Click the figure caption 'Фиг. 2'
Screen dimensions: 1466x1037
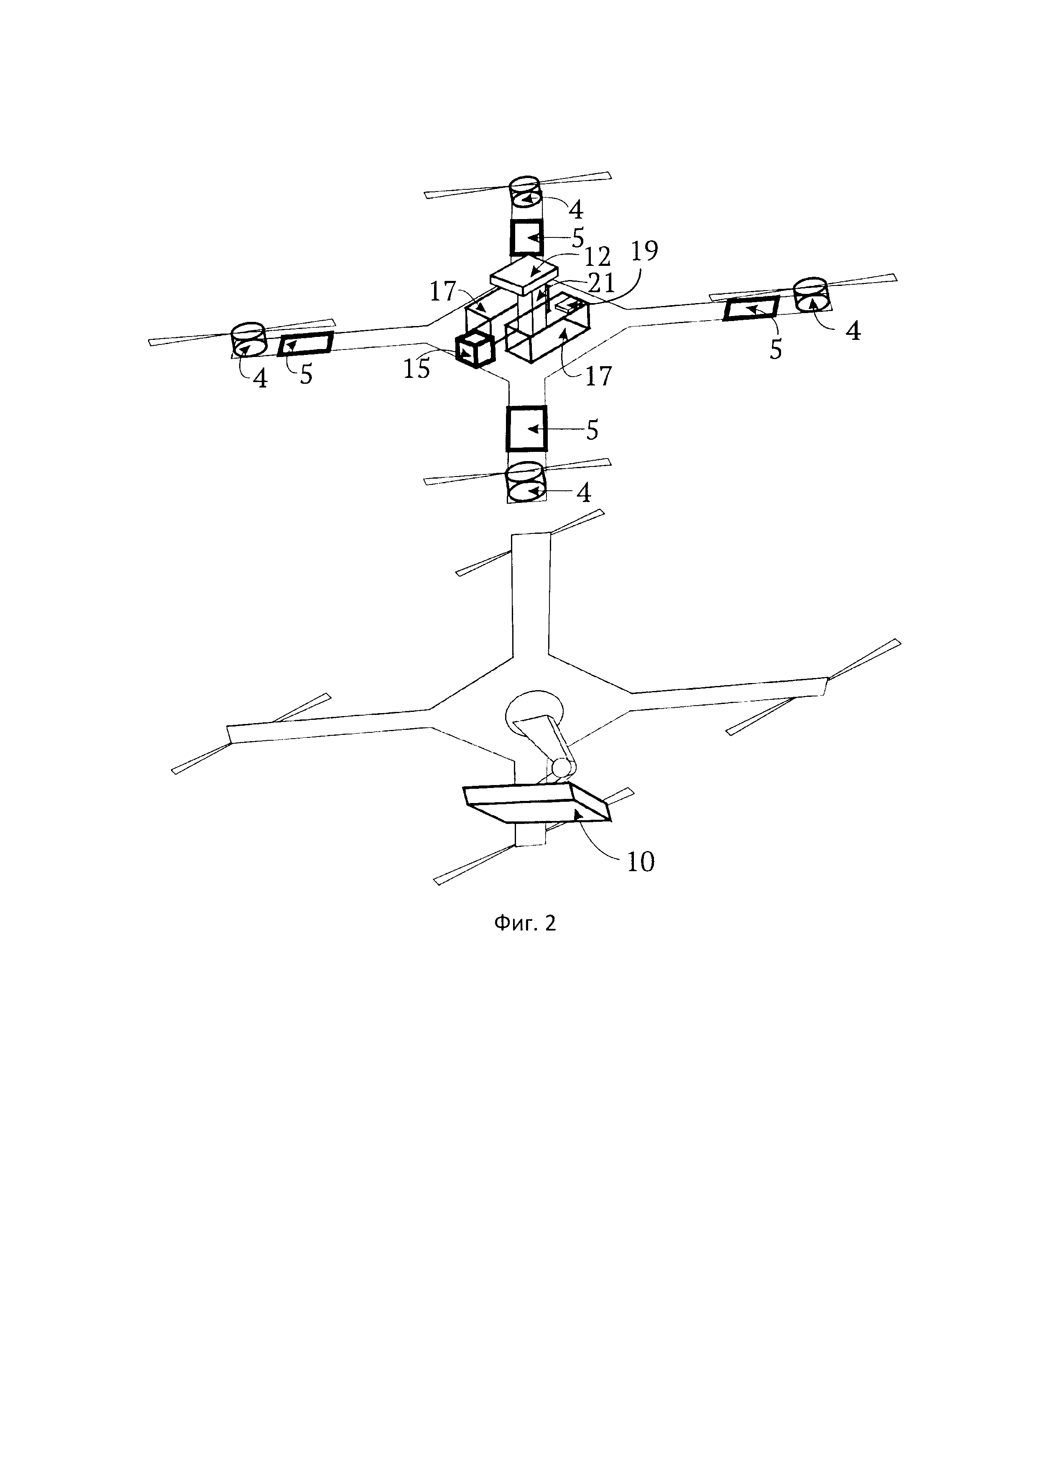(x=525, y=923)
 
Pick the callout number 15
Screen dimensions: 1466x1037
(x=416, y=370)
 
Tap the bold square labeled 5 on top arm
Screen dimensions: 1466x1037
(x=526, y=238)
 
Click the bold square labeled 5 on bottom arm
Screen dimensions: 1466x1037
(x=527, y=429)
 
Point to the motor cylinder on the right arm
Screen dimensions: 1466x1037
(x=812, y=294)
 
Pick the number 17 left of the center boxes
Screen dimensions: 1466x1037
(x=442, y=292)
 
